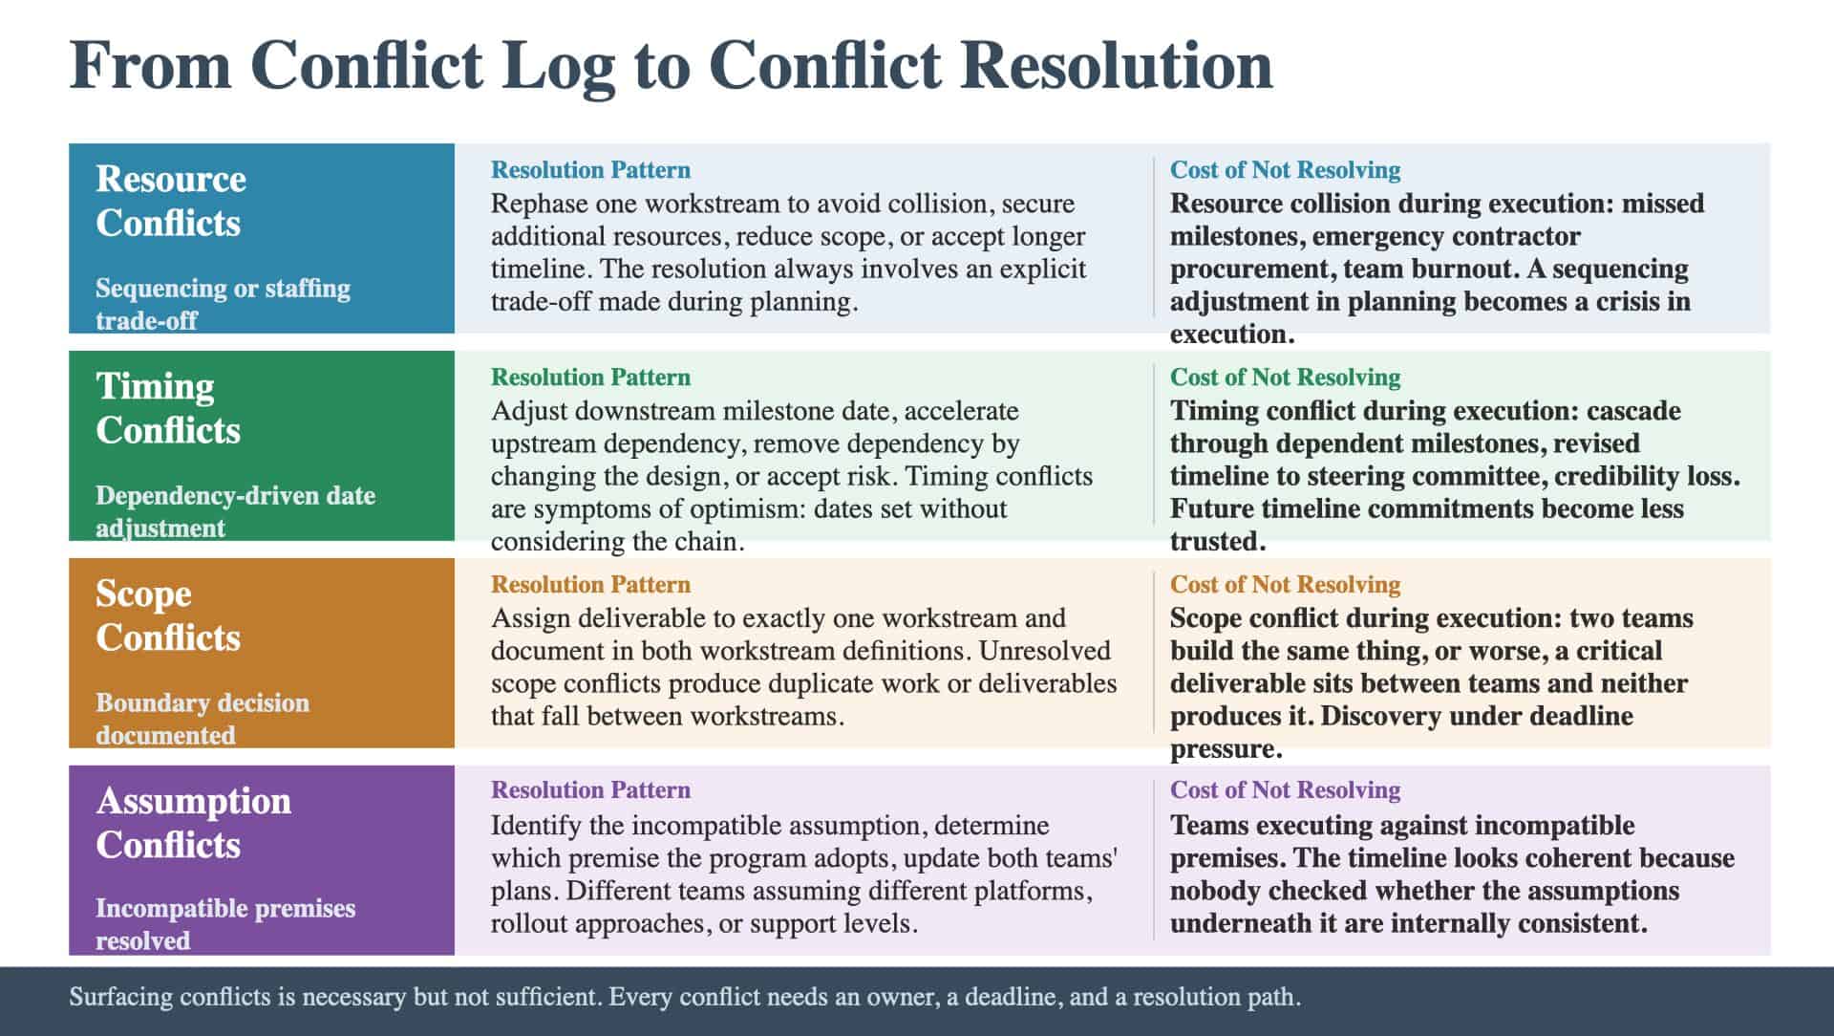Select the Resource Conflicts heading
pos(171,201)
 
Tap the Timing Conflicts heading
pos(168,408)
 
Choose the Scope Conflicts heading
pos(168,615)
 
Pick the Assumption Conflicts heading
pos(194,823)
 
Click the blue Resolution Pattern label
pos(590,170)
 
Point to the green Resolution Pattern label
pos(590,378)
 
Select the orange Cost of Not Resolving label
pos(1285,585)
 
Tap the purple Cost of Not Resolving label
pos(1285,790)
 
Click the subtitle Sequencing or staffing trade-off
pos(223,304)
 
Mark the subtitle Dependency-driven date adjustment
pos(235,511)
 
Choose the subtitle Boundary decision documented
pos(203,719)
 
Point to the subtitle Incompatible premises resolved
pos(225,924)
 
